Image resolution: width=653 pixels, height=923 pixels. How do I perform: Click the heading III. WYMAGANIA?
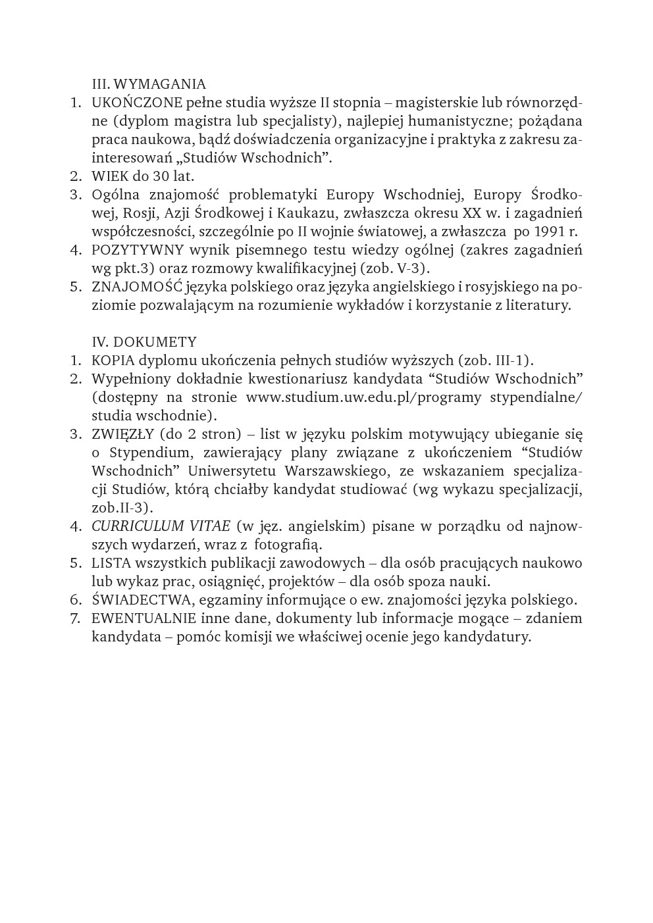click(149, 84)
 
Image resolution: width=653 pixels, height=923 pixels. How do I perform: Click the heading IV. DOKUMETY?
click(144, 342)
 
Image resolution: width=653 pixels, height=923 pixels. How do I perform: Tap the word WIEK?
click(110, 176)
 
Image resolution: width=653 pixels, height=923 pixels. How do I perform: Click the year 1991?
click(548, 232)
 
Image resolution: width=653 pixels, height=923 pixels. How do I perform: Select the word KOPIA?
click(113, 361)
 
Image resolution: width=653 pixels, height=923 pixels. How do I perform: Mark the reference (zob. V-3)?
click(396, 268)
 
